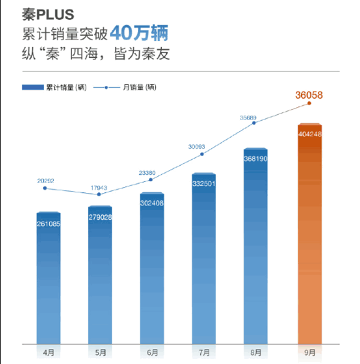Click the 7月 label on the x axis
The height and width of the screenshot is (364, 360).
tap(204, 352)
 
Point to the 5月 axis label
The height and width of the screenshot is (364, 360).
tap(100, 352)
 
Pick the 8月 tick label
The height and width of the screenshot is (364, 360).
tap(256, 352)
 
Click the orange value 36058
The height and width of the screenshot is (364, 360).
tap(309, 94)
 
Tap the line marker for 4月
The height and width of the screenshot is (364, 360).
tap(45, 189)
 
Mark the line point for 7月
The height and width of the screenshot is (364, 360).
tap(202, 154)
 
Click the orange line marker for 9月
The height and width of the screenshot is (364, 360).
tap(309, 103)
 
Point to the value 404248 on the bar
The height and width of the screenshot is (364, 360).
tap(310, 134)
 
